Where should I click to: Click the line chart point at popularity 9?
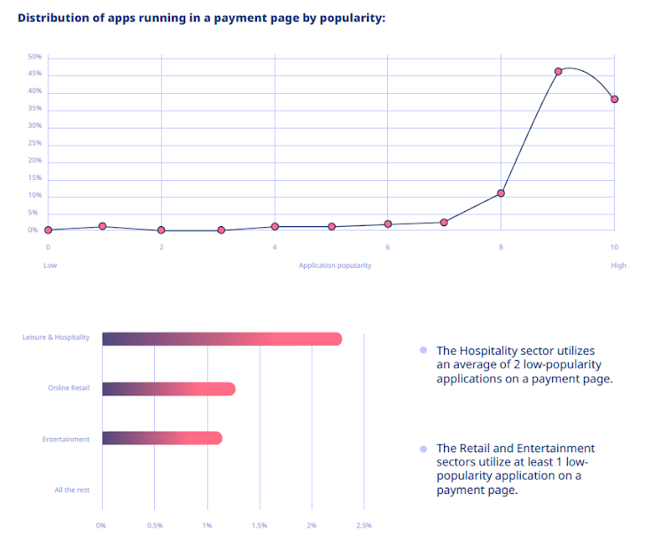point(558,72)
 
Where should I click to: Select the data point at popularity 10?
point(614,99)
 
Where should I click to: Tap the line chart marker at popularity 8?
point(501,193)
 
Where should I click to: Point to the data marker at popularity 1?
point(103,227)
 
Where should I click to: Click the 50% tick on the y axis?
point(35,58)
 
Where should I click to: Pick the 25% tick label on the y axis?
point(35,144)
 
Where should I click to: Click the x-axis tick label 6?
point(388,247)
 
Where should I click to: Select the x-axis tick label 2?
point(161,247)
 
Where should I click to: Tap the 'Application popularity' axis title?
point(335,265)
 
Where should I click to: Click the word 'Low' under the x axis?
point(51,265)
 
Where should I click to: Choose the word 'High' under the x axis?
point(618,265)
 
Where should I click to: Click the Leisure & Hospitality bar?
point(221,339)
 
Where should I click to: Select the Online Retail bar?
point(168,388)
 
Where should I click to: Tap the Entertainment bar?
point(162,438)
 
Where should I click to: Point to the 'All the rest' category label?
point(72,489)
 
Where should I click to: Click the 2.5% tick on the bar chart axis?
point(363,526)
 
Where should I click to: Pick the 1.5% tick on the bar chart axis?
point(260,526)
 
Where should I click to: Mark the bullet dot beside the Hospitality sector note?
point(424,351)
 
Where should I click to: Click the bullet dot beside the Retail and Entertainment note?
point(424,449)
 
